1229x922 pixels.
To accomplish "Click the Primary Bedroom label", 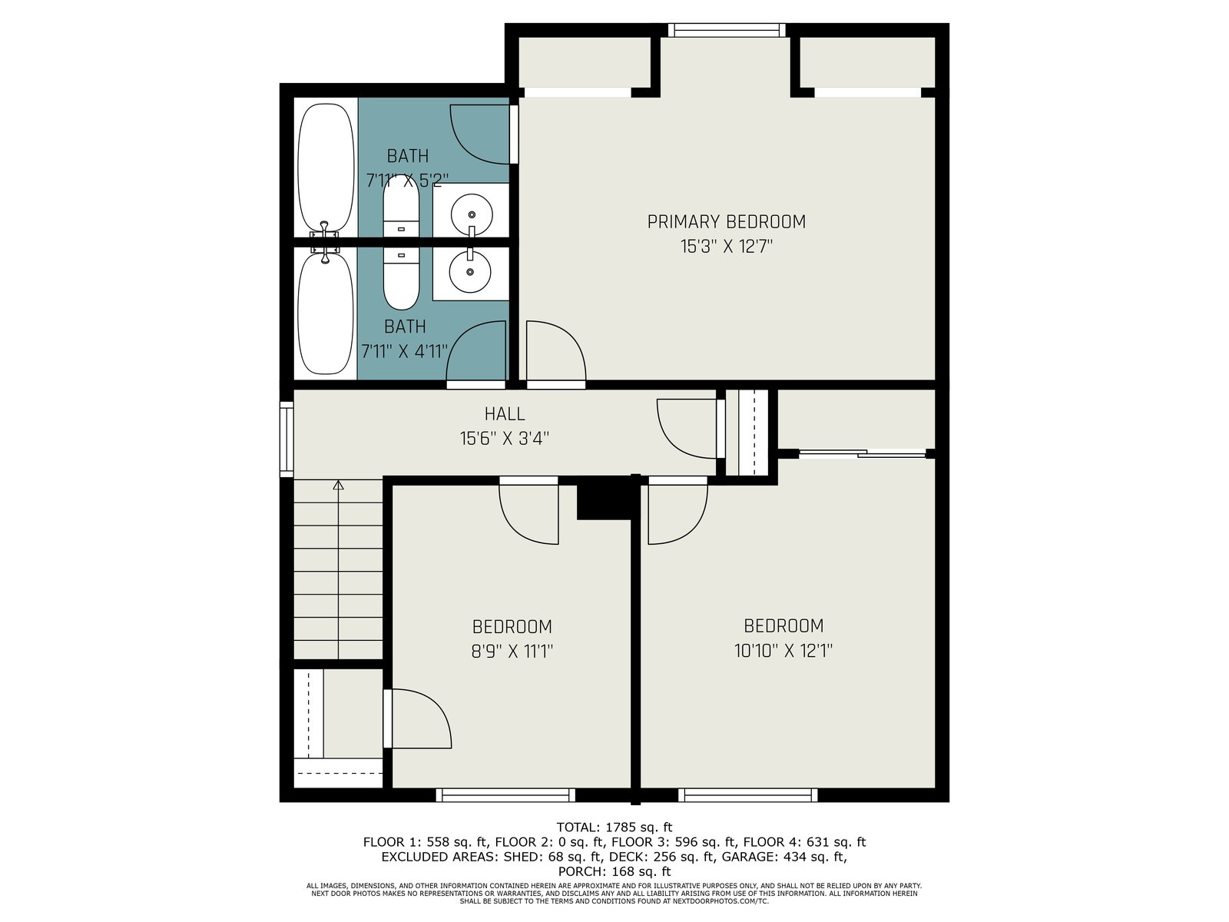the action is [x=726, y=222].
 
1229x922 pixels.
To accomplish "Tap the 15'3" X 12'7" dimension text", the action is [x=726, y=247].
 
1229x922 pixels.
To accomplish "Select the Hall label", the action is [x=505, y=413].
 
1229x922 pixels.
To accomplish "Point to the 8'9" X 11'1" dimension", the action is [x=512, y=651].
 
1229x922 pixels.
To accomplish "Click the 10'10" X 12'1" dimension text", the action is [x=783, y=651].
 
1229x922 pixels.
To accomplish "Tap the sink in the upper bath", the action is [x=472, y=214].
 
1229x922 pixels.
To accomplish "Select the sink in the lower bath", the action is [x=470, y=272].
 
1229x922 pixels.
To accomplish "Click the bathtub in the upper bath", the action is [x=326, y=168].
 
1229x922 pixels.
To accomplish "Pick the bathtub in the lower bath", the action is [x=326, y=313].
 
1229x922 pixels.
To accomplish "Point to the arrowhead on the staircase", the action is [x=338, y=485].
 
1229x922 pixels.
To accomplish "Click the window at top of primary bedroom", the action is [x=726, y=30].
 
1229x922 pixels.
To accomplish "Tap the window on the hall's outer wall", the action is [x=286, y=439].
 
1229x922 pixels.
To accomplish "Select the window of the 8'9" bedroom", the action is [x=505, y=795].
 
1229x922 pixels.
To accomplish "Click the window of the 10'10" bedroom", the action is [x=747, y=795].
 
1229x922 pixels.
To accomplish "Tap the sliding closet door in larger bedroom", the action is [x=862, y=454].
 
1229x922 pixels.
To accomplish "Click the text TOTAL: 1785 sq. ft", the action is [x=614, y=827].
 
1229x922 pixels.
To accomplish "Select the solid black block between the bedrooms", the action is [x=605, y=498].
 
